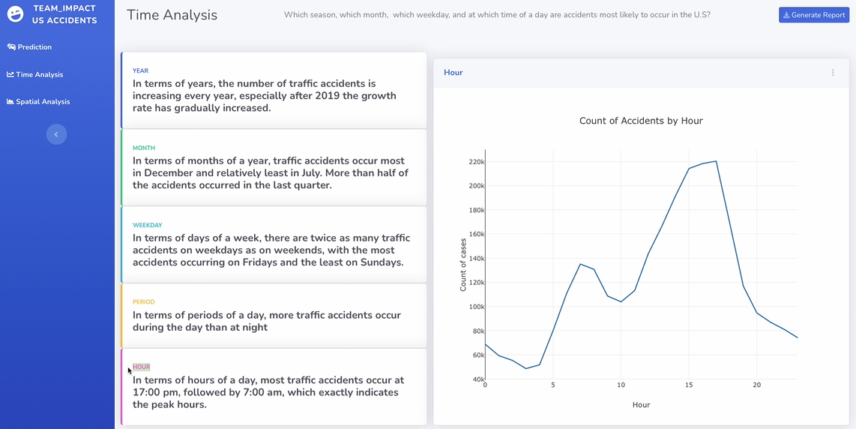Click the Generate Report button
click(813, 15)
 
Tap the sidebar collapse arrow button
click(56, 134)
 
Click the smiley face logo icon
click(15, 13)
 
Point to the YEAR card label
click(140, 71)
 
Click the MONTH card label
click(143, 148)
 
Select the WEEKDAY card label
click(147, 225)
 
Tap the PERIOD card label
click(143, 302)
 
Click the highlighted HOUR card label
click(142, 367)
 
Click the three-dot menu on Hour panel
click(833, 73)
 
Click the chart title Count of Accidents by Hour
click(641, 121)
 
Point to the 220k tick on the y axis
click(476, 162)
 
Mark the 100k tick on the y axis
click(476, 307)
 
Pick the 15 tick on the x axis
click(689, 385)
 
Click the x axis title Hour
click(641, 405)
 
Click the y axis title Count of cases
click(463, 264)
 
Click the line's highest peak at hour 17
click(716, 161)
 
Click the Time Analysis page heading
click(172, 15)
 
